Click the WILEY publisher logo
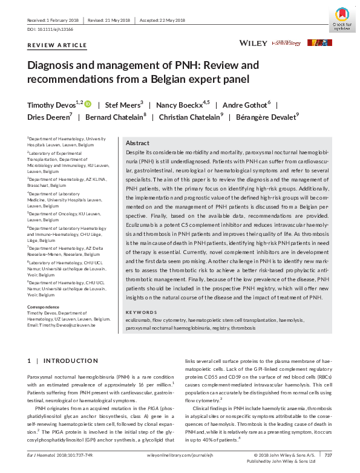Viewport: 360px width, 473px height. (253, 44)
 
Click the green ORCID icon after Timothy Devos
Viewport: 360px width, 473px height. (88, 103)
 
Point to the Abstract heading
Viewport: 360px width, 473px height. (137, 143)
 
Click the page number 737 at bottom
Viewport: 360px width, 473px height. (329, 454)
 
